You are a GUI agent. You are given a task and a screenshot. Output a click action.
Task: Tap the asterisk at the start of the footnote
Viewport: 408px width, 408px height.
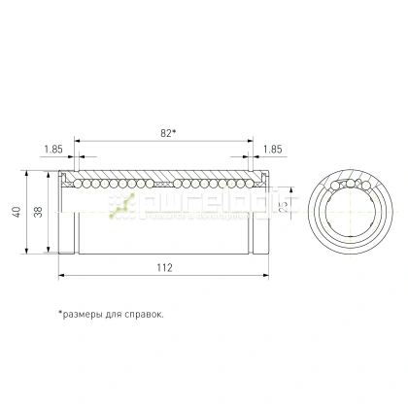pos(60,314)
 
